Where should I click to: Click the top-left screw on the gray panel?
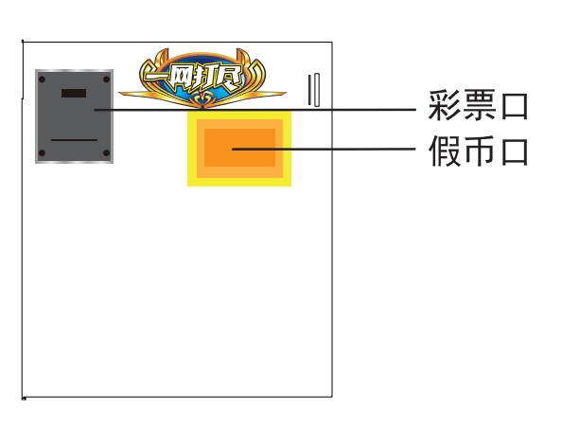click(x=42, y=80)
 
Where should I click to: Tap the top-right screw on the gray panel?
click(x=107, y=80)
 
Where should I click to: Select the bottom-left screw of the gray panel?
click(x=42, y=153)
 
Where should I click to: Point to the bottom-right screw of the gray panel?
click(x=107, y=153)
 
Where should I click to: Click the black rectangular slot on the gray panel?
click(x=74, y=93)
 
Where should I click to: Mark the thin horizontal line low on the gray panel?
click(x=74, y=140)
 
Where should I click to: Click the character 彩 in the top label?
click(x=444, y=105)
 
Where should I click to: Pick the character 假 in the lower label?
click(x=444, y=151)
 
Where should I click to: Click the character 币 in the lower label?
click(x=480, y=151)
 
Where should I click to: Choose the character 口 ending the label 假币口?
click(x=515, y=152)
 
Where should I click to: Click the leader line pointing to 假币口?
click(x=324, y=149)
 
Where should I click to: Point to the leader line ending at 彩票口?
click(x=255, y=110)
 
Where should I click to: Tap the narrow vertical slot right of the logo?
click(x=314, y=90)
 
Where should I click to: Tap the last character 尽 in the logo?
click(x=229, y=77)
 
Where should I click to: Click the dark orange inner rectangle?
click(x=239, y=148)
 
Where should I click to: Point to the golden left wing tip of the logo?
click(x=121, y=94)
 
